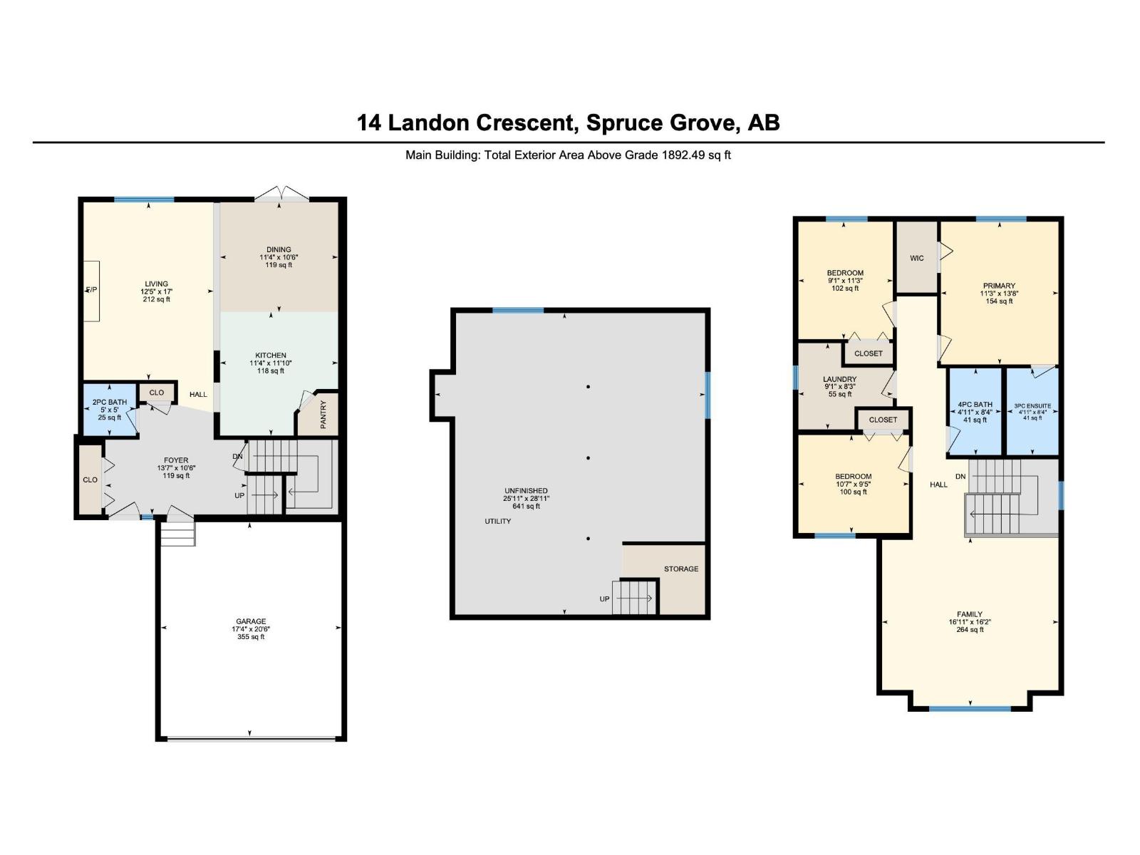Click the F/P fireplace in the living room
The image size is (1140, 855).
(x=91, y=291)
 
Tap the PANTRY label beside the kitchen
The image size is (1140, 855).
(x=323, y=415)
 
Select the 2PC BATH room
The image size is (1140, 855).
(x=109, y=410)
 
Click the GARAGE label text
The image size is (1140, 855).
(x=251, y=621)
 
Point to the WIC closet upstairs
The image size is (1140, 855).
(x=916, y=258)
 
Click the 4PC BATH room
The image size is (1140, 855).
(x=975, y=412)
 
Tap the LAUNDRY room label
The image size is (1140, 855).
(x=839, y=380)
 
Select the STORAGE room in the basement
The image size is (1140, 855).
(x=680, y=569)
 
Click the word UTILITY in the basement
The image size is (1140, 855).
(x=497, y=522)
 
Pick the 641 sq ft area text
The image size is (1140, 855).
(x=526, y=507)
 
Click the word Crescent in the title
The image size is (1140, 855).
(x=526, y=123)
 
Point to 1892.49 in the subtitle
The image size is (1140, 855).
(x=683, y=155)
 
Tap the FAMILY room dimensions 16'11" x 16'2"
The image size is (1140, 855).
(x=970, y=622)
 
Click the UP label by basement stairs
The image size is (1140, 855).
(x=604, y=599)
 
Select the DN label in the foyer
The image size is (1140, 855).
(x=237, y=456)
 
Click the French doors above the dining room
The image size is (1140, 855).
(x=283, y=194)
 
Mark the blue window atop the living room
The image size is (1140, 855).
(x=144, y=199)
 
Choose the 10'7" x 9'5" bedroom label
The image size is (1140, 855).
(x=853, y=484)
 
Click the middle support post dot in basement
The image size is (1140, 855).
(x=588, y=458)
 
